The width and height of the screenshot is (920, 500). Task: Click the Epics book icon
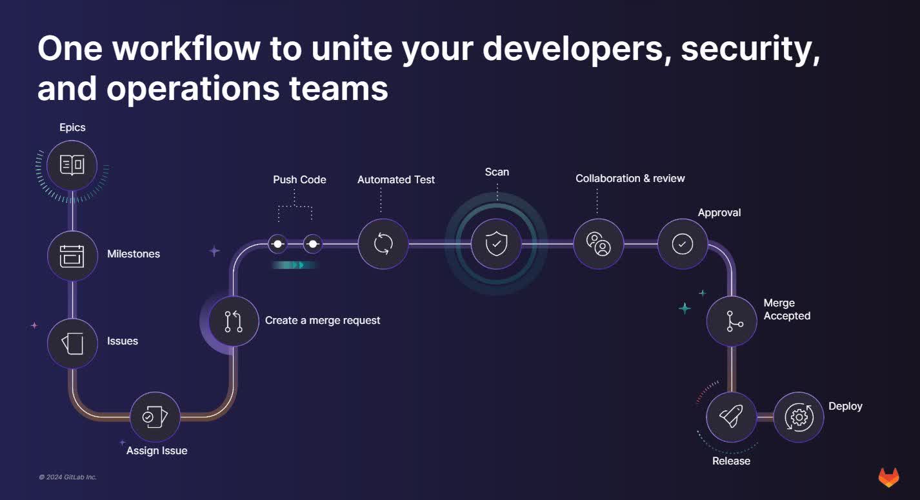coord(72,165)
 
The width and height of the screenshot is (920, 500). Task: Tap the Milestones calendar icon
coord(72,255)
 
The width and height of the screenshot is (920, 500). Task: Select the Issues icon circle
coord(72,343)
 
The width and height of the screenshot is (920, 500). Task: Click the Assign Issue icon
coord(155,417)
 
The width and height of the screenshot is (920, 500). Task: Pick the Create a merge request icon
coord(234,321)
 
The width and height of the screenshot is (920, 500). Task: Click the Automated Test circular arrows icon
coord(383,244)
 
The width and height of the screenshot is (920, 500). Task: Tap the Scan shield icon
coord(495,244)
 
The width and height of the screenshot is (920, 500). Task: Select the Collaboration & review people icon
coord(598,244)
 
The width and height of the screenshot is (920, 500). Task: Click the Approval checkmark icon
coord(683,244)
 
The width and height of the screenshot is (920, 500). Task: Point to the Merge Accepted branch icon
coord(732,321)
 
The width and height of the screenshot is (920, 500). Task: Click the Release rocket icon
coord(731,417)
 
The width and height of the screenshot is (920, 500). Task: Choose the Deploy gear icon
coord(799,417)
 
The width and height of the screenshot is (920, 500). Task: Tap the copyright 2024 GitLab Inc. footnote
coord(67,477)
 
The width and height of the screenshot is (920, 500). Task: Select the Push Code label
coord(299,179)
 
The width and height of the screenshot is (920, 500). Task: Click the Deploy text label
coord(845,406)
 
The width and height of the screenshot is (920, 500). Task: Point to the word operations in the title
coord(193,89)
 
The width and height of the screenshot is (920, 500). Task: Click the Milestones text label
coord(134,254)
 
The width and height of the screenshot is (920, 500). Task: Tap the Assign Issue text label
coord(157,450)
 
